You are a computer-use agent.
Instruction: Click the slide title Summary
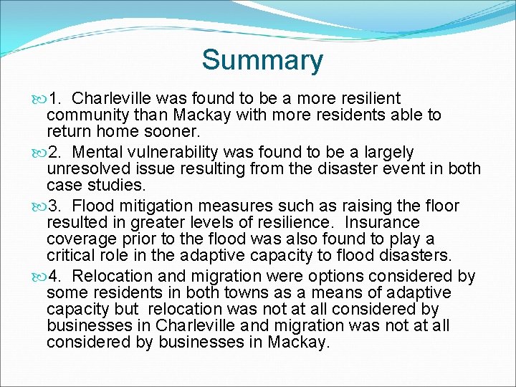[x=262, y=60]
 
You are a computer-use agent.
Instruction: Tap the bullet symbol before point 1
[x=38, y=98]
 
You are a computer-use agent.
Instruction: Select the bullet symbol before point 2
[x=38, y=153]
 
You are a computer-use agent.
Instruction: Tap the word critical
[x=72, y=256]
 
